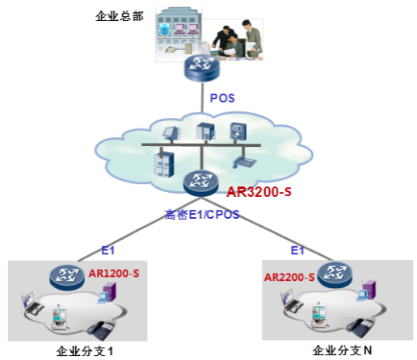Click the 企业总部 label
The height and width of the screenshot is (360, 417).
120,16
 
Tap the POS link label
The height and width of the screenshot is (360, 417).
222,98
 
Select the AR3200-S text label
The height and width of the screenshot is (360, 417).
259,192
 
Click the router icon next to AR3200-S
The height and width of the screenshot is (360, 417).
200,182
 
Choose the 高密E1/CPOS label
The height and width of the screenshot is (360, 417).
202,215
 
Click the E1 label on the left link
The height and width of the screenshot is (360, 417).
108,250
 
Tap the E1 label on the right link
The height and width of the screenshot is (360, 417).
297,250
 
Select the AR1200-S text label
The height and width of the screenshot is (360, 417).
114,274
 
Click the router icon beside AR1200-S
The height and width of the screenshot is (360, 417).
67,277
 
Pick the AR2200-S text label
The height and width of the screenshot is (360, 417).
289,277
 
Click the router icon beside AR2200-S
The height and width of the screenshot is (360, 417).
335,274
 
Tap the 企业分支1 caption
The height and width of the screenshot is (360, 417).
84,351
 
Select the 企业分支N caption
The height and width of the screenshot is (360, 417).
342,350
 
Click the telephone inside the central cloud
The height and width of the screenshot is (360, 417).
245,161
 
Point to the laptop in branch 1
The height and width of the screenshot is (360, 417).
32,303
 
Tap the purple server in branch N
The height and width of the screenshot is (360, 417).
369,289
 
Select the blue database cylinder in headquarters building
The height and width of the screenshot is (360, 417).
164,29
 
